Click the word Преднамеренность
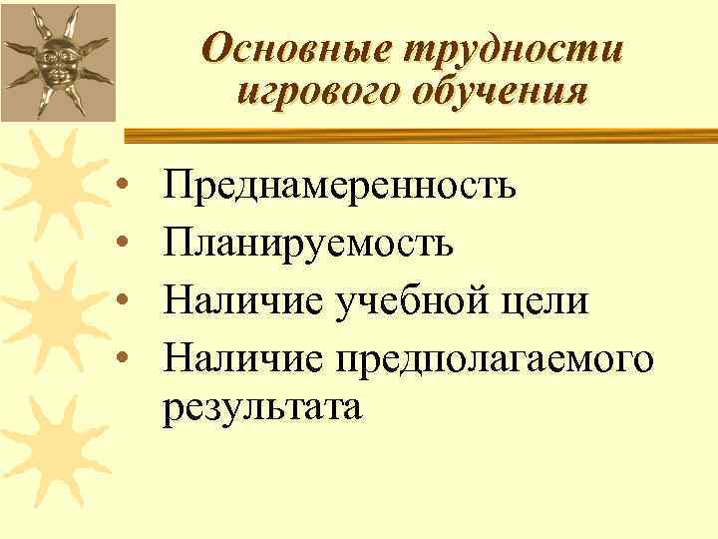tap(341, 185)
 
